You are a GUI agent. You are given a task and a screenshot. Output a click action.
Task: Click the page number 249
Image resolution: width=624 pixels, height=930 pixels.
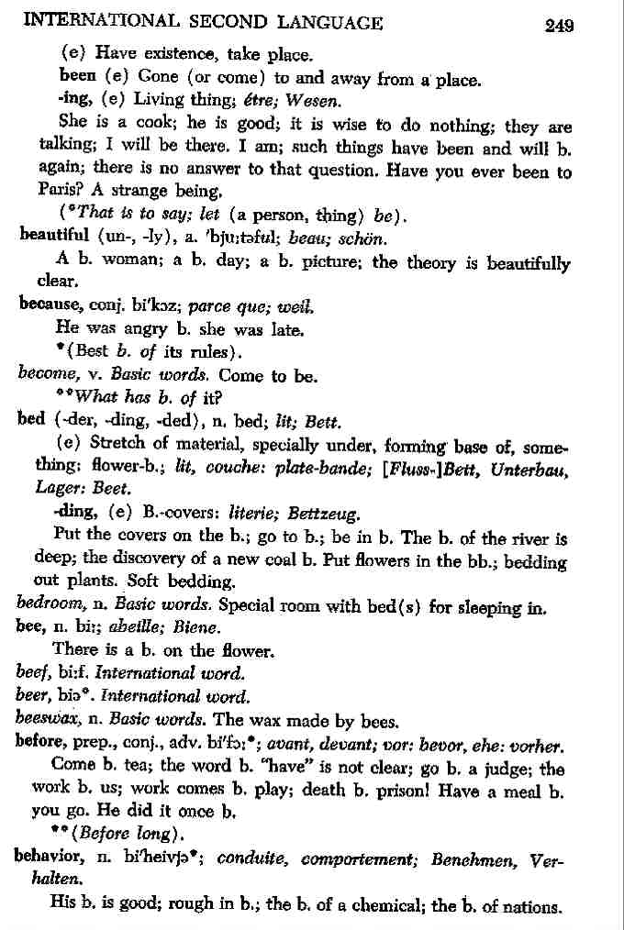(x=559, y=25)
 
